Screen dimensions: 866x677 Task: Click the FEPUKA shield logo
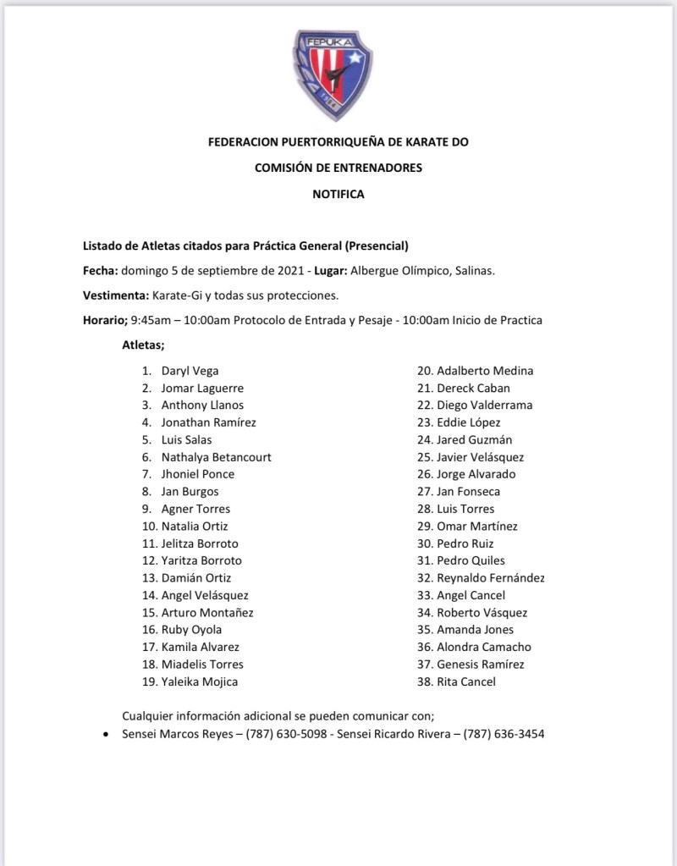click(333, 74)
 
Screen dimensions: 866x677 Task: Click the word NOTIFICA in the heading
click(338, 194)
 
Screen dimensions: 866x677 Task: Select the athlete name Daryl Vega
click(190, 371)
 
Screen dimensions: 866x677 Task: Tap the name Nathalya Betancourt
click(216, 457)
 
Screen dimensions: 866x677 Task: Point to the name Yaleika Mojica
click(200, 681)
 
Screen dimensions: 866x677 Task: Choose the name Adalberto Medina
click(485, 371)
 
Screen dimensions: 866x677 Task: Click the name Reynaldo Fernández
click(491, 578)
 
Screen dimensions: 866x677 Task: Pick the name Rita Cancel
click(466, 681)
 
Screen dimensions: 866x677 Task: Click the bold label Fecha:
click(100, 271)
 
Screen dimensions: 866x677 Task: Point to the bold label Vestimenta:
click(115, 295)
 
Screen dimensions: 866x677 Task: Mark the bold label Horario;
click(104, 320)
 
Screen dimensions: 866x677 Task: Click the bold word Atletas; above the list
click(143, 345)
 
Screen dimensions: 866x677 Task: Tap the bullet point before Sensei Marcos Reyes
click(104, 735)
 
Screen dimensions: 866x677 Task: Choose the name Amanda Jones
click(475, 630)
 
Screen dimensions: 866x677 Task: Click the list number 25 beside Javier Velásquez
click(424, 457)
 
